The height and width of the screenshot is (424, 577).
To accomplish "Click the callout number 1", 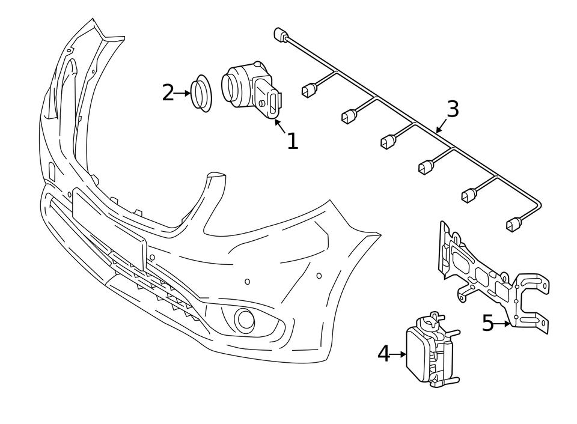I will pyautogui.click(x=292, y=141).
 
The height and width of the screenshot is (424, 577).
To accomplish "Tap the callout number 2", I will pyautogui.click(x=168, y=93).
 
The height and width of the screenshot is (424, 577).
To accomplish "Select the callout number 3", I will pyautogui.click(x=453, y=109).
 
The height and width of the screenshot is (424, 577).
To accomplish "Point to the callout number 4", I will pyautogui.click(x=383, y=354).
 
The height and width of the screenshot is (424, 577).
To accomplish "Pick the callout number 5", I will pyautogui.click(x=487, y=324).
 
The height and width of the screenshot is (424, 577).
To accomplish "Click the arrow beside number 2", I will pyautogui.click(x=182, y=93).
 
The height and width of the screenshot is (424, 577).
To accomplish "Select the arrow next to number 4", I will pyautogui.click(x=398, y=354).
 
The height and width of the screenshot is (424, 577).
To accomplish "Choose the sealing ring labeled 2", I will pyautogui.click(x=201, y=93).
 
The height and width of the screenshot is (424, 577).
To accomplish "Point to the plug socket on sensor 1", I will pyautogui.click(x=274, y=101).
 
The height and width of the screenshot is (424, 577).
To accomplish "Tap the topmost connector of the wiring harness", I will pyautogui.click(x=280, y=34).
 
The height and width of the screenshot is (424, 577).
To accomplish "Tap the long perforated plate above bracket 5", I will pyautogui.click(x=469, y=264).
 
